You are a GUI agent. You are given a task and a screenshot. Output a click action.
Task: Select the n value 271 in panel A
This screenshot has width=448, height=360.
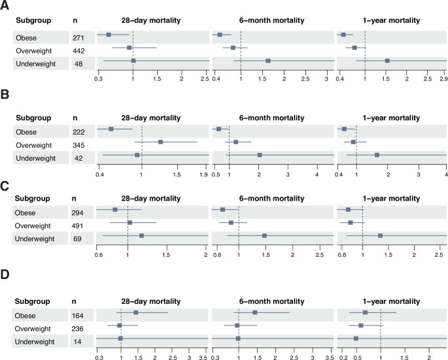[80, 35]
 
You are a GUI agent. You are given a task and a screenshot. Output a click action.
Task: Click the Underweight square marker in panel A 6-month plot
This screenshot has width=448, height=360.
[268, 61]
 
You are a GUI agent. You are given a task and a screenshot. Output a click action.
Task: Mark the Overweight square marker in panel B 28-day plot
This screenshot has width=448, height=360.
[160, 142]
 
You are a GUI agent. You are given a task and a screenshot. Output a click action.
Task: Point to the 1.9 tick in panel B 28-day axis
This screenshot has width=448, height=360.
[203, 174]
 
